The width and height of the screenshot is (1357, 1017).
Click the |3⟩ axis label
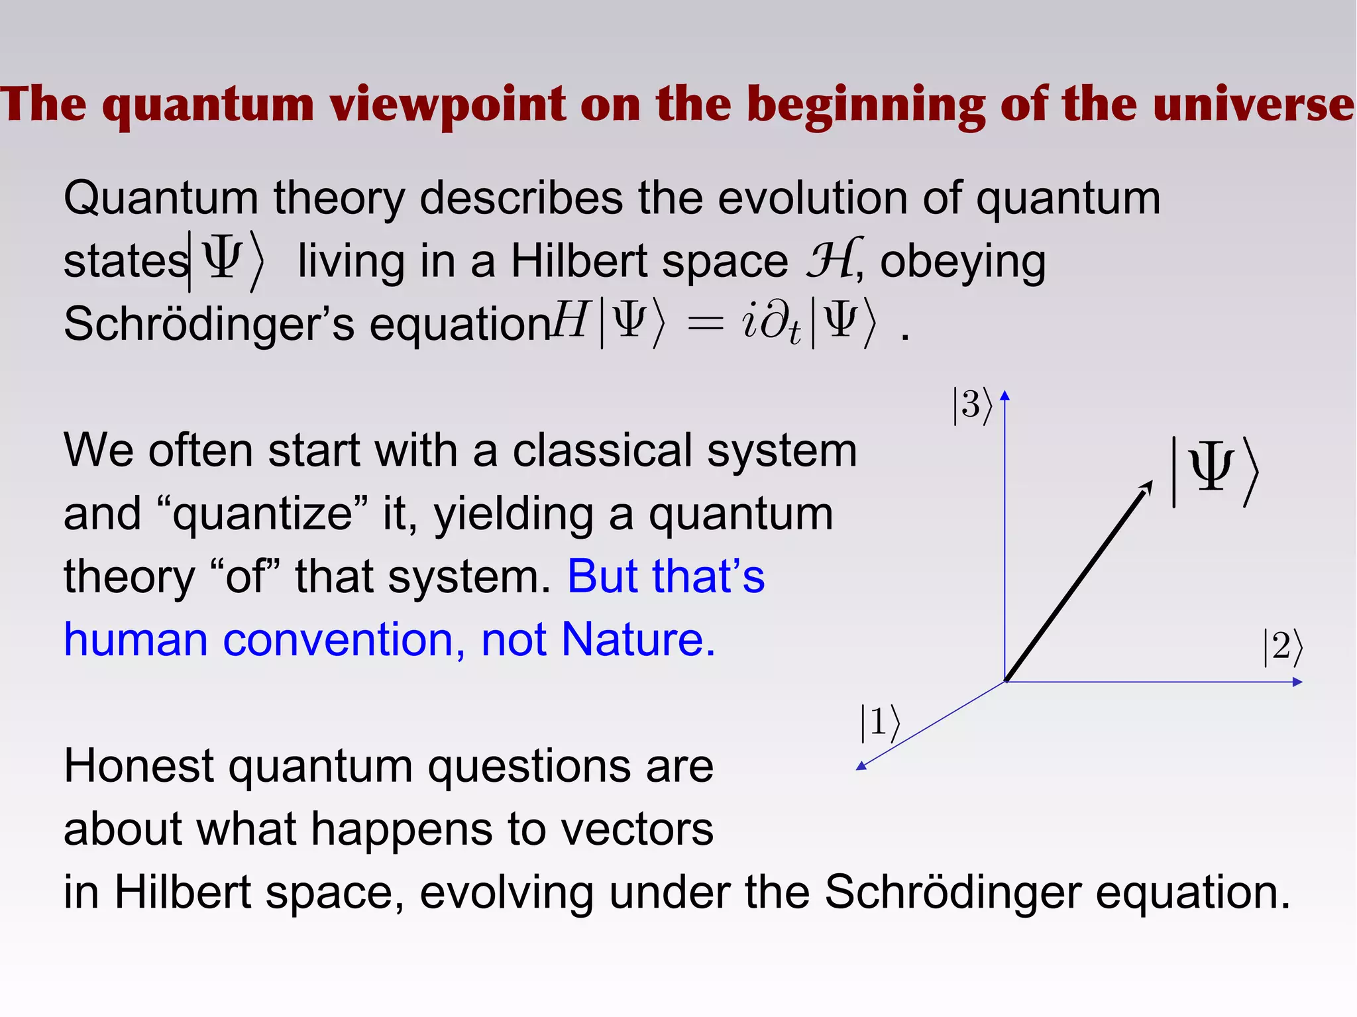point(972,405)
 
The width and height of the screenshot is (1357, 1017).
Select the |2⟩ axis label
point(1283,647)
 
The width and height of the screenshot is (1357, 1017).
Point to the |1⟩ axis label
point(880,723)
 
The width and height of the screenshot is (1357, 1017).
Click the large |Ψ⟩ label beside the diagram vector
point(1215,471)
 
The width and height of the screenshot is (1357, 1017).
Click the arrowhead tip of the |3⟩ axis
point(1004,396)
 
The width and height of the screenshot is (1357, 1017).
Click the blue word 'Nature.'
point(638,639)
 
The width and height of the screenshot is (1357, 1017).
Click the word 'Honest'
point(138,766)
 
